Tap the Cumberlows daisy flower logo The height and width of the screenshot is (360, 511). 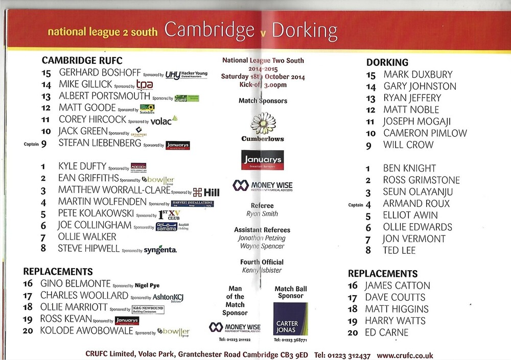click(x=263, y=124)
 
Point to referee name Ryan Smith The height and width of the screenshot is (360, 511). click(x=262, y=214)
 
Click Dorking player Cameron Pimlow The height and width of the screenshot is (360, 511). click(x=425, y=133)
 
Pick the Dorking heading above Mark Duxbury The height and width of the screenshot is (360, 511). click(x=387, y=62)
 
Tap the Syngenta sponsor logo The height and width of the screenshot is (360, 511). click(x=160, y=250)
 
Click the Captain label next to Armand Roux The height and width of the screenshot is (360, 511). click(x=355, y=205)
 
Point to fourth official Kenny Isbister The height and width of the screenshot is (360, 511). click(x=262, y=270)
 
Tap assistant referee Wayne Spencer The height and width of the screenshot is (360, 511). click(x=262, y=246)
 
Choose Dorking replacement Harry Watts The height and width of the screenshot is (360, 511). click(x=395, y=321)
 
